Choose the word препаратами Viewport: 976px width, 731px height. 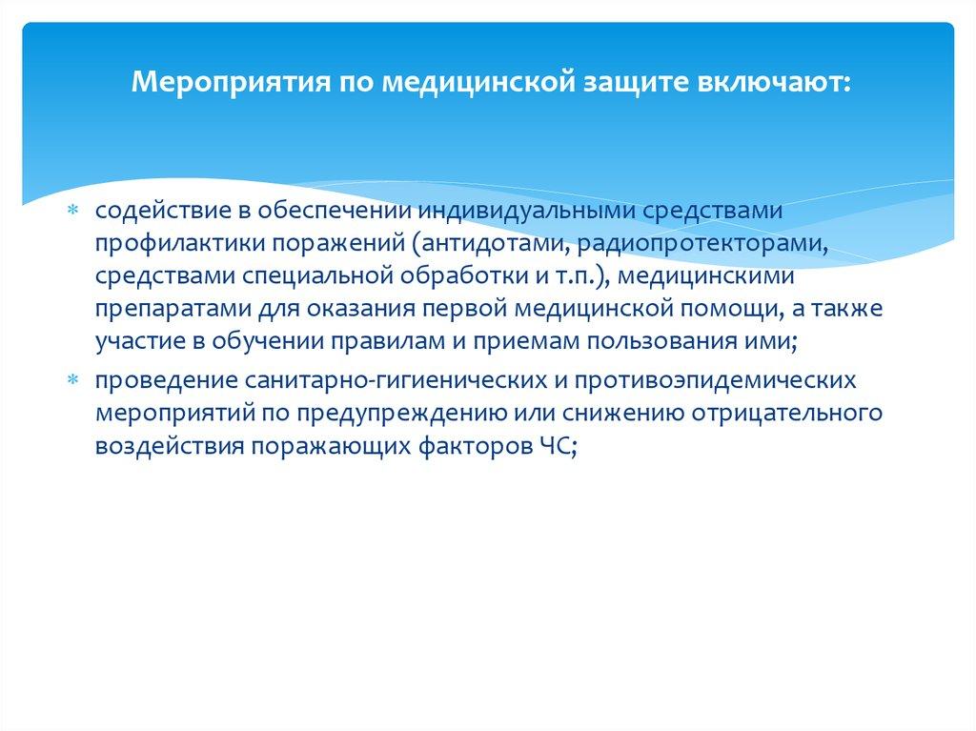click(162, 311)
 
